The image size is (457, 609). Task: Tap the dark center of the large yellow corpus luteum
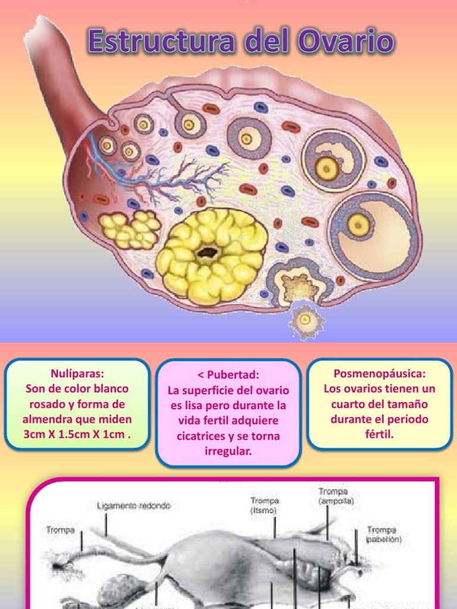(x=207, y=252)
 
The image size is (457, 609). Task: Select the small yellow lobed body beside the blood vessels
(x=130, y=229)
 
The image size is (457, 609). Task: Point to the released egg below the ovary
(x=306, y=320)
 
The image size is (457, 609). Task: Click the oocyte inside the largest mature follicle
(x=358, y=224)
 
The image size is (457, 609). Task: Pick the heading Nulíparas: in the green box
(x=77, y=374)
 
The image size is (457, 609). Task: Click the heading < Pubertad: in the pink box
(x=228, y=375)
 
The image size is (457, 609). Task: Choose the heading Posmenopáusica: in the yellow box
(x=380, y=374)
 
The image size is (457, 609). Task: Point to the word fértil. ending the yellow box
(x=380, y=434)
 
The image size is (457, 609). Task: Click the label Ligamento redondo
(x=133, y=506)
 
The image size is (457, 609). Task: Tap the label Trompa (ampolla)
(x=336, y=496)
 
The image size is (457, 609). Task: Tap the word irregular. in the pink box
(x=228, y=452)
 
